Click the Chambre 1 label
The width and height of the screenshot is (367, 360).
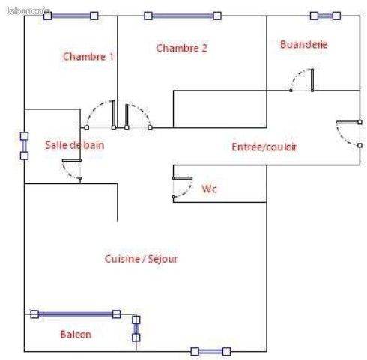click(x=88, y=57)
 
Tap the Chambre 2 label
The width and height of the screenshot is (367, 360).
click(x=182, y=48)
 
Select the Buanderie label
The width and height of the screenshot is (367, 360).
click(x=304, y=44)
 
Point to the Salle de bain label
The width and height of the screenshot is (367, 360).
click(x=75, y=145)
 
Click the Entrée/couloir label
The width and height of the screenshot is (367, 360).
click(x=264, y=147)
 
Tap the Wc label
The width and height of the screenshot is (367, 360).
click(x=209, y=189)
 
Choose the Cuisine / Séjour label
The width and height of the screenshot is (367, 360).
click(x=141, y=259)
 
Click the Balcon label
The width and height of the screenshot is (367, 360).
click(x=76, y=335)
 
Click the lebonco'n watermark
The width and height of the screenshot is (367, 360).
click(x=28, y=10)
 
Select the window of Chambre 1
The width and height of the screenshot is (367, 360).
click(x=71, y=16)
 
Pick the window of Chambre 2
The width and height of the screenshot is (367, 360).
click(x=183, y=16)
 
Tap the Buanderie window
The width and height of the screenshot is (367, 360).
click(x=325, y=16)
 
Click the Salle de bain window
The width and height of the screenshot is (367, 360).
click(x=24, y=146)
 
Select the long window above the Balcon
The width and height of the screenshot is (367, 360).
click(x=76, y=314)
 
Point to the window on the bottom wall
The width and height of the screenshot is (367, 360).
click(x=210, y=352)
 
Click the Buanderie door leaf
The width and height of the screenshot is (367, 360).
click(x=312, y=80)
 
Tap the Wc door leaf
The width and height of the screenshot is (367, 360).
click(x=182, y=178)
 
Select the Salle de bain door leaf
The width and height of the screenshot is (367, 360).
click(x=72, y=160)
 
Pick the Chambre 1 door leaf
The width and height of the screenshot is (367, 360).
click(x=114, y=115)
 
